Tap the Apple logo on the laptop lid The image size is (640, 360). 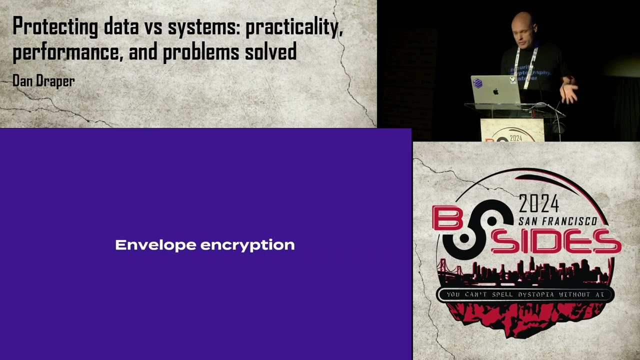496,92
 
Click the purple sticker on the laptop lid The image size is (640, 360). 477,83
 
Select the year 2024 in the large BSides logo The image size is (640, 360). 538,203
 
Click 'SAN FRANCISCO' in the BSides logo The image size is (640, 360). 557,221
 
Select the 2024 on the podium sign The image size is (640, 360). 515,138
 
